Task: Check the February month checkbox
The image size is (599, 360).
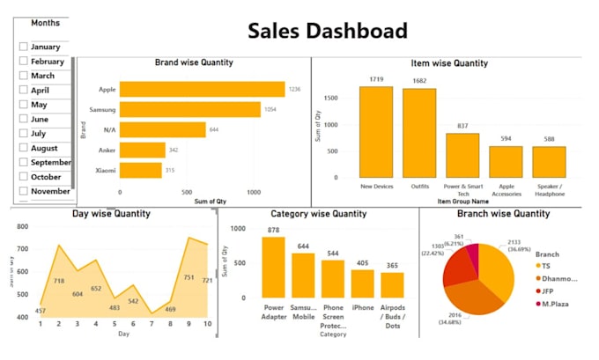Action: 24,62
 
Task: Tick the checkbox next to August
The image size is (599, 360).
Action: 24,148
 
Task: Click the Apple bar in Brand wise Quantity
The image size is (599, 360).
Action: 202,89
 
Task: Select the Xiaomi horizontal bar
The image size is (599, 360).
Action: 140,170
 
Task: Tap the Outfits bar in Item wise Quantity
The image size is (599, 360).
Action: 419,134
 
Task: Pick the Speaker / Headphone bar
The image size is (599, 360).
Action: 549,163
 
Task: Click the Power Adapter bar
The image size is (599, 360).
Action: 273,268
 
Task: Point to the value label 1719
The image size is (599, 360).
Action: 376,80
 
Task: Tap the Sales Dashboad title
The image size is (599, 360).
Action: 328,31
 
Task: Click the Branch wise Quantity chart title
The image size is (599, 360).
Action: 503,213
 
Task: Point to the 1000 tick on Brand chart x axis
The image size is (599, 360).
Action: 254,192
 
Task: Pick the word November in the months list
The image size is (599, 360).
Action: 50,191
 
